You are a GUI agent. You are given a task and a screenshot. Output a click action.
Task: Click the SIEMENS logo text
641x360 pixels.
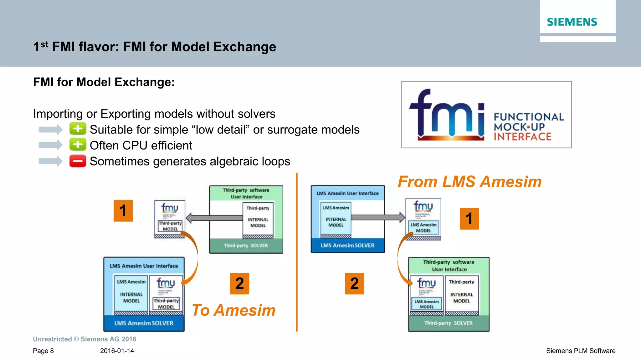click(572, 22)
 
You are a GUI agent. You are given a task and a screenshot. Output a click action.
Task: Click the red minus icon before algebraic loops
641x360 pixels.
click(78, 161)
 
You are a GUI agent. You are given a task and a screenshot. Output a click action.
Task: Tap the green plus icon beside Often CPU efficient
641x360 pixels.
click(78, 145)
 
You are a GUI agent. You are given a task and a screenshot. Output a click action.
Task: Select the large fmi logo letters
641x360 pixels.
click(447, 114)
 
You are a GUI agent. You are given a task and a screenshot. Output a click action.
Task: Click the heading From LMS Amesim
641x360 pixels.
click(469, 182)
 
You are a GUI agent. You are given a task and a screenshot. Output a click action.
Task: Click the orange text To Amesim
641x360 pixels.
click(233, 311)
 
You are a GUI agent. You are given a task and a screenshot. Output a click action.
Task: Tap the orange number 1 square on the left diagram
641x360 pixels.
click(123, 211)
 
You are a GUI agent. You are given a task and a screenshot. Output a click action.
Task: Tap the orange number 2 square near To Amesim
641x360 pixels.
click(239, 284)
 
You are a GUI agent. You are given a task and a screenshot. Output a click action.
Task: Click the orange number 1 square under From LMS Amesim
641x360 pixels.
click(469, 219)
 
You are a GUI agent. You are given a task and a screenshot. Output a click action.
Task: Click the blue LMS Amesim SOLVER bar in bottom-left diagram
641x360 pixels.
click(144, 323)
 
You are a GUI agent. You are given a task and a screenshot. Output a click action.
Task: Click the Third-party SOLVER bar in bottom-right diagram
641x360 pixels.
click(449, 323)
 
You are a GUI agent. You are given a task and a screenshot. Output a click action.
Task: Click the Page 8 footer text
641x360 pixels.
click(43, 351)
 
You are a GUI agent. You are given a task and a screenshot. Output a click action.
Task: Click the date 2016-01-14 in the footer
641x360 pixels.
click(117, 351)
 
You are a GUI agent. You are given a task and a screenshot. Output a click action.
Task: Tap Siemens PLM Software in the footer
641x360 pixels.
click(581, 351)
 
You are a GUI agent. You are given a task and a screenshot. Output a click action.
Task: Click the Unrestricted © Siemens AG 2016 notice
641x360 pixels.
click(85, 339)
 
